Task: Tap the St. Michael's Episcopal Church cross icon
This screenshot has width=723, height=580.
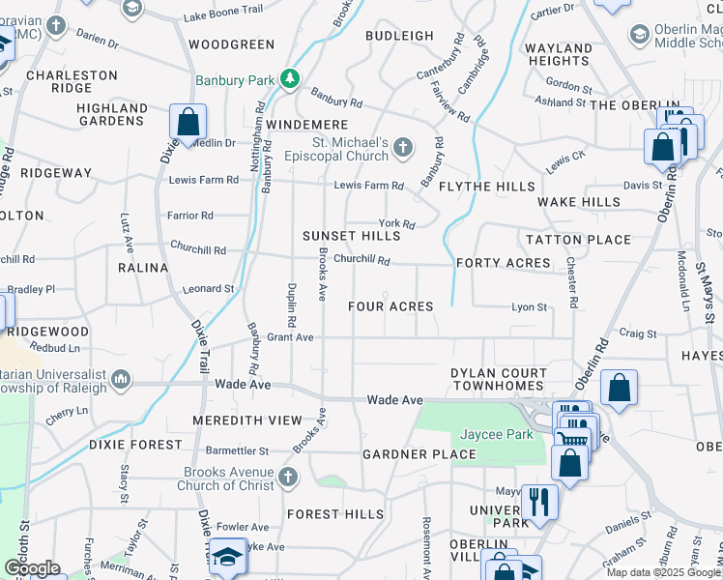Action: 403,148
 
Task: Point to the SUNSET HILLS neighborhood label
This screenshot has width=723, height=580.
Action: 351,236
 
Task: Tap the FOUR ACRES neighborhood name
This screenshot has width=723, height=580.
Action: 390,306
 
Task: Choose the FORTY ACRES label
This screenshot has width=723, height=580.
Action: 503,263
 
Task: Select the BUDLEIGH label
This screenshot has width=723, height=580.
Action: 399,36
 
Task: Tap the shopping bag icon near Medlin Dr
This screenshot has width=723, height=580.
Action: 188,122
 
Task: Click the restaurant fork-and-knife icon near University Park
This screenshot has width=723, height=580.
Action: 538,501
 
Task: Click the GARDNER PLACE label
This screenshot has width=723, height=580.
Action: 419,454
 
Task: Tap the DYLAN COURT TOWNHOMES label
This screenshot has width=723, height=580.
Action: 512,380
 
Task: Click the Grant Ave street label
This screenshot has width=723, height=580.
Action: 291,337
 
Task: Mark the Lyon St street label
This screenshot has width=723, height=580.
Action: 530,307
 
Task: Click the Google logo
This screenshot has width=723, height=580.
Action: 31,568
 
